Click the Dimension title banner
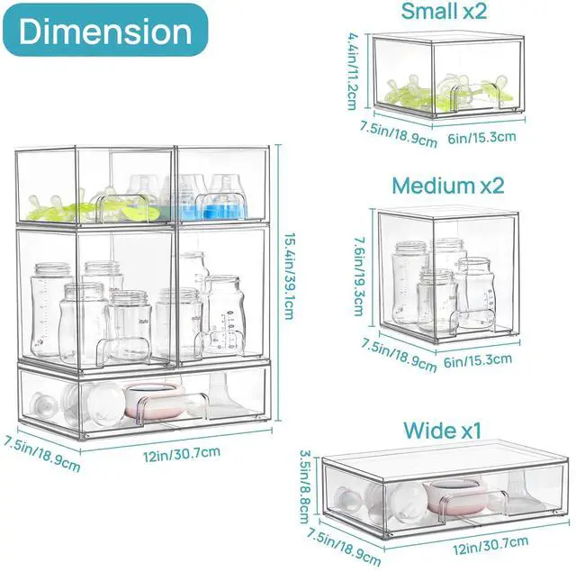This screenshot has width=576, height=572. click(105, 31)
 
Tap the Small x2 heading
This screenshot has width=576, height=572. click(443, 12)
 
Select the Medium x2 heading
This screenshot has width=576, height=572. click(447, 186)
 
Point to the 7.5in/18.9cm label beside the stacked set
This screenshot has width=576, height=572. click(41, 455)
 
